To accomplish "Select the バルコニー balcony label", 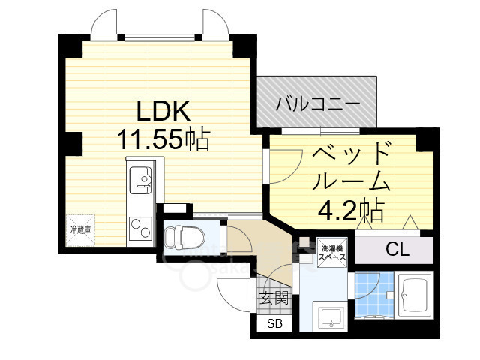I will [318, 103].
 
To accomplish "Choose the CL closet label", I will [397, 250].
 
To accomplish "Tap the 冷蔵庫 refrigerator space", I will [80, 229].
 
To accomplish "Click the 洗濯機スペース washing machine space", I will [331, 253].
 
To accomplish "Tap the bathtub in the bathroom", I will [415, 295].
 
